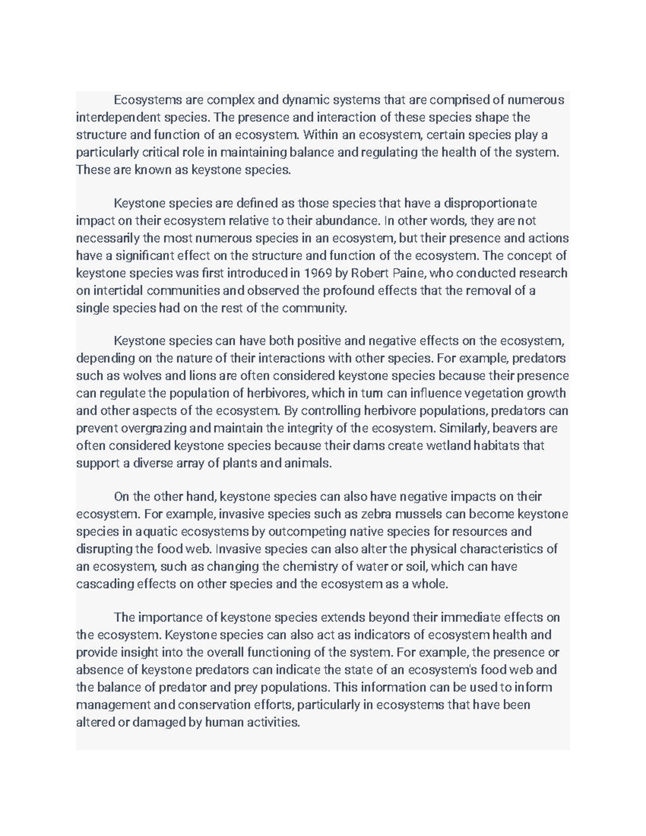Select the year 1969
(318, 273)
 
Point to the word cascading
(104, 584)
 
